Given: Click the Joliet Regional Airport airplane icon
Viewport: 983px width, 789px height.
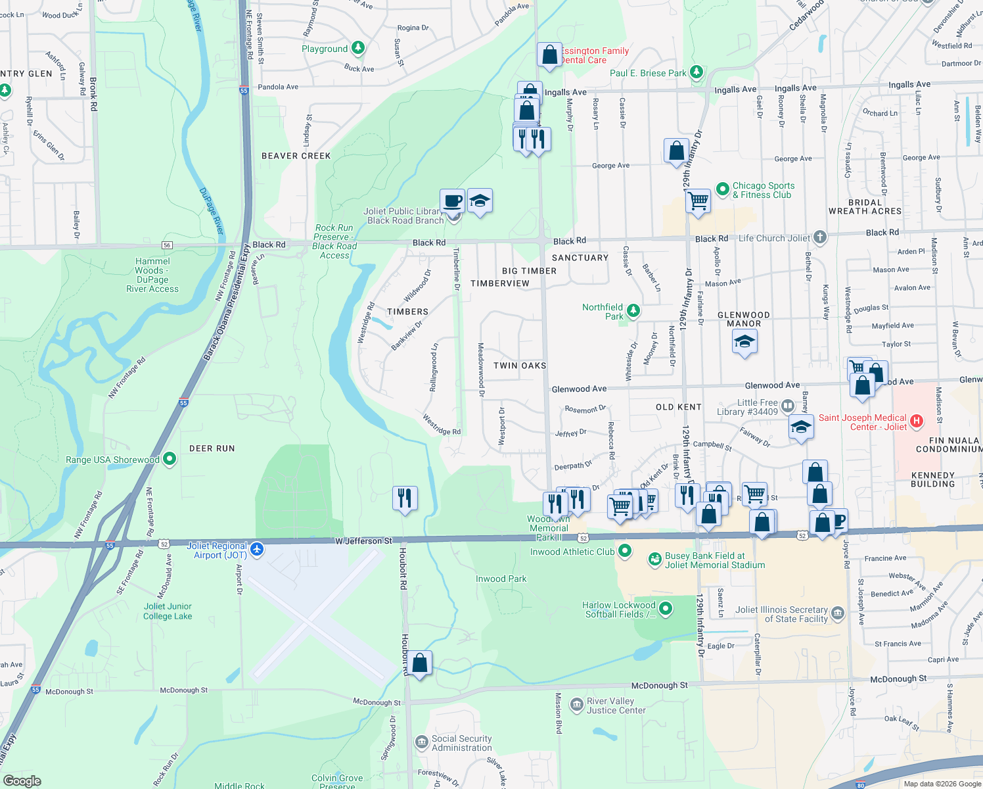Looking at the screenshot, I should pos(257,549).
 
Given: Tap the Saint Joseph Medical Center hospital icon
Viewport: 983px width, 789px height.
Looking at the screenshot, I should pos(917,421).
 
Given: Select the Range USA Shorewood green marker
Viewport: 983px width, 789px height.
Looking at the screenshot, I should pos(170,459).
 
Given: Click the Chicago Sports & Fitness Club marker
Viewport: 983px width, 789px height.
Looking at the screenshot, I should pos(723,189).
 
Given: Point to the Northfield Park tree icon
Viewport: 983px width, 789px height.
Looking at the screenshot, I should pos(633,310).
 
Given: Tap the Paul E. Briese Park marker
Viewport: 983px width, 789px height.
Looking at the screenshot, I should pos(697,72).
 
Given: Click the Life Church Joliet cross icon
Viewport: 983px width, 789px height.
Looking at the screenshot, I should pos(819,237).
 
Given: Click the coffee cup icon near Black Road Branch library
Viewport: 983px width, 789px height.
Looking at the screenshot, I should pos(452,200).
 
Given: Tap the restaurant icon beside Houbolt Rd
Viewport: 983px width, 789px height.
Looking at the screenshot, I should pos(405,498).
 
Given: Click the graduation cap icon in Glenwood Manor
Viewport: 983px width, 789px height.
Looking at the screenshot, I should pos(744,341).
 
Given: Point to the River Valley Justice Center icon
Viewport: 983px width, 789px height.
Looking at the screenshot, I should pos(576,705).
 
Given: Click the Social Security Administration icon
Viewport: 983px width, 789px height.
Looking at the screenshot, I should pos(421,742).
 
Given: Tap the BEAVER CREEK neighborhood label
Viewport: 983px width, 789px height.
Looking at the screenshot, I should pos(296,156).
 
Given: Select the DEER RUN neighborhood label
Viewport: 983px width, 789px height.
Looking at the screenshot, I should pos(212,448).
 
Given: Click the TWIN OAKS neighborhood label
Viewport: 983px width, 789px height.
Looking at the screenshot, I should pos(519,366).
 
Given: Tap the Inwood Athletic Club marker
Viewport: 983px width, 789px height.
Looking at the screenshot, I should pos(625,551).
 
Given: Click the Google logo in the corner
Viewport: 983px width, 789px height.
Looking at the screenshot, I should pos(22,780).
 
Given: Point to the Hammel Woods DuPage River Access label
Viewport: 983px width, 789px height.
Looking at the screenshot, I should pos(152,275).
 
